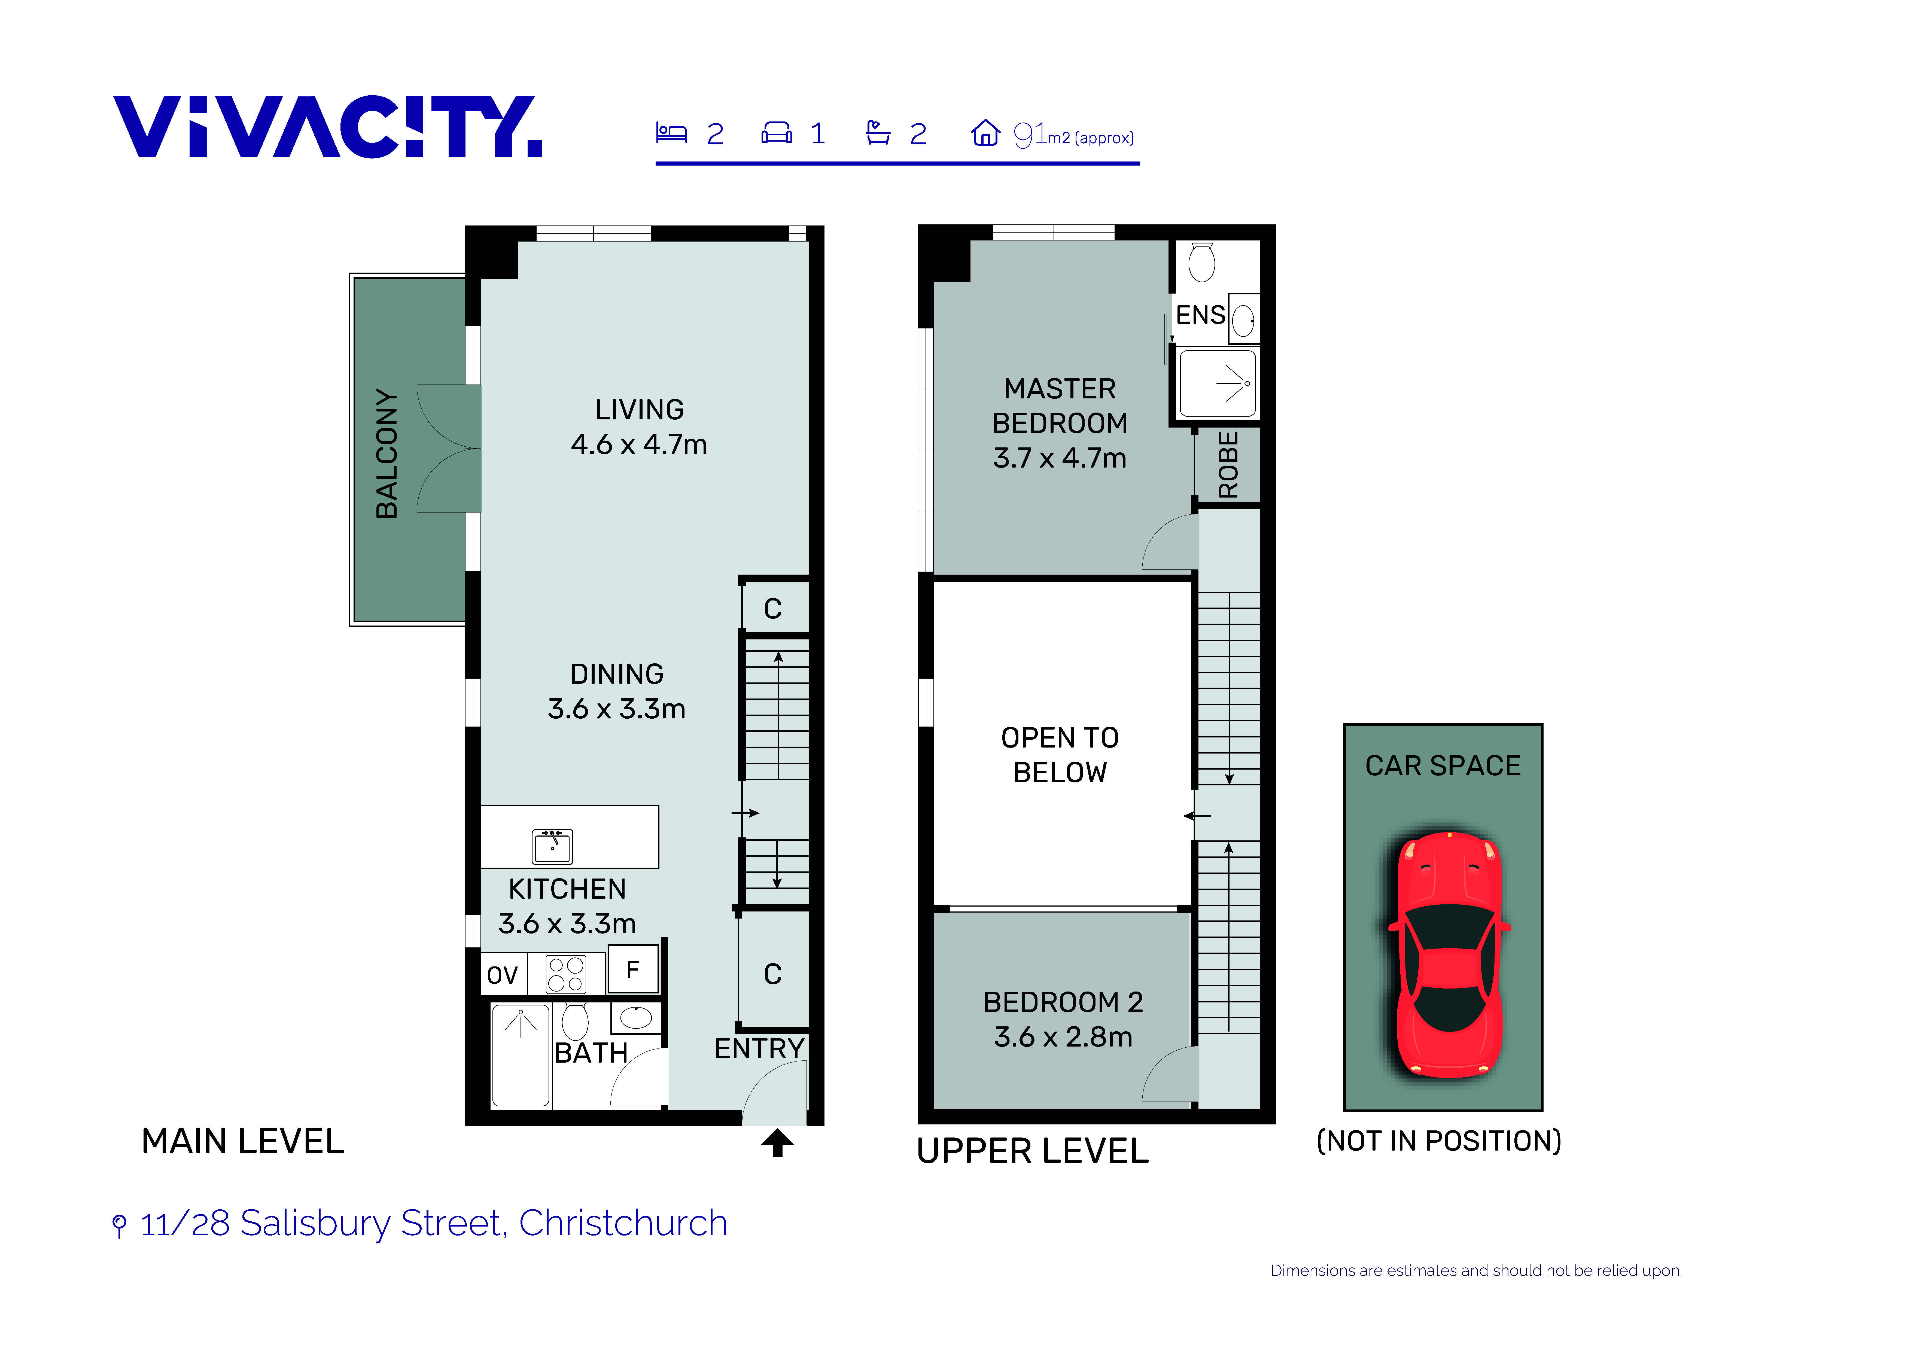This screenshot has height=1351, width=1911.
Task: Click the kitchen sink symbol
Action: [553, 847]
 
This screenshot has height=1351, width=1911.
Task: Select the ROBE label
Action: [1228, 465]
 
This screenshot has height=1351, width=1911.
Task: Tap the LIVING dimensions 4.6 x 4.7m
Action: [639, 444]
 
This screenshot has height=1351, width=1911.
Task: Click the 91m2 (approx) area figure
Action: [1074, 135]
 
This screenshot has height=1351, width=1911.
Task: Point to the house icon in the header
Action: [985, 132]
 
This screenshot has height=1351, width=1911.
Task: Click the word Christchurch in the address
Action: [623, 1223]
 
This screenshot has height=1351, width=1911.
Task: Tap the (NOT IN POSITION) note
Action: [1439, 1140]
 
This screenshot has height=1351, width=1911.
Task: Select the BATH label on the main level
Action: [591, 1053]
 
